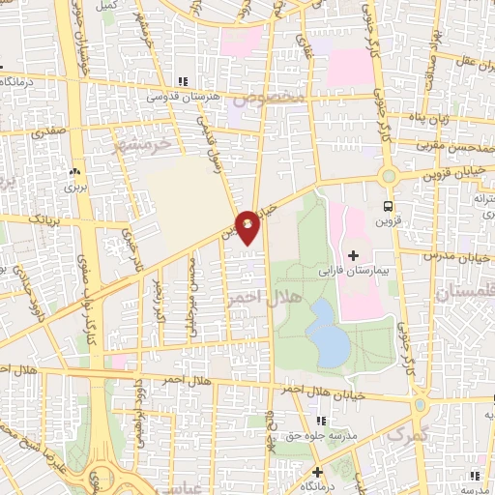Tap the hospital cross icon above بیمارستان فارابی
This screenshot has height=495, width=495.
[352, 255]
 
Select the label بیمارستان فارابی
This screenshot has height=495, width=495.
[352, 272]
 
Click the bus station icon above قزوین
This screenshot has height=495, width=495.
[388, 206]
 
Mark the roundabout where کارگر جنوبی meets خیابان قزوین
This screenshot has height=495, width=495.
[389, 177]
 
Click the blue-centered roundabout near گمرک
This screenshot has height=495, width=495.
[419, 406]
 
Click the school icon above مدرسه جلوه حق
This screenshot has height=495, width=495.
[321, 421]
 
